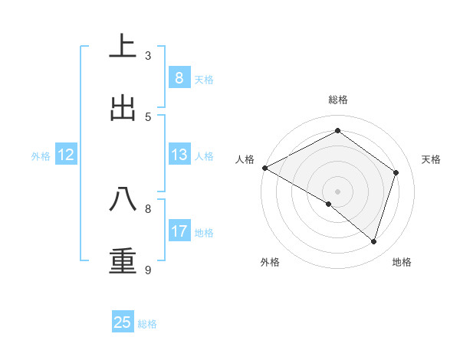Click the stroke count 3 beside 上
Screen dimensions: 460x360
pyautogui.click(x=148, y=56)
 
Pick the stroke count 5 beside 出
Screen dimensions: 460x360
pyautogui.click(x=148, y=116)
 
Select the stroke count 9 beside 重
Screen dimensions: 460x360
pyautogui.click(x=148, y=270)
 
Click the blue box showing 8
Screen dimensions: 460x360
pyautogui.click(x=179, y=78)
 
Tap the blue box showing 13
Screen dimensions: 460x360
pyautogui.click(x=179, y=155)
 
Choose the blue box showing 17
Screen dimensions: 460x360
pyautogui.click(x=179, y=231)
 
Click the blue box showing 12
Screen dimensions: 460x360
pyautogui.click(x=66, y=155)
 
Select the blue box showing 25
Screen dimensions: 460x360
pyautogui.click(x=123, y=322)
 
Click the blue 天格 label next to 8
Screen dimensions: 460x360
pyautogui.click(x=204, y=80)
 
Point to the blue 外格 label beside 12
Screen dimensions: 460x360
pyautogui.click(x=41, y=156)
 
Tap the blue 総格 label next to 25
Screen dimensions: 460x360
pyautogui.click(x=147, y=324)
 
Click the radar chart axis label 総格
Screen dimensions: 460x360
pyautogui.click(x=338, y=100)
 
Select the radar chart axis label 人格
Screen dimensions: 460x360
pyautogui.click(x=245, y=159)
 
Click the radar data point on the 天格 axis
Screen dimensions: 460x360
pyautogui.click(x=396, y=172)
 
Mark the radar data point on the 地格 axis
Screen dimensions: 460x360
pyautogui.click(x=374, y=242)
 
